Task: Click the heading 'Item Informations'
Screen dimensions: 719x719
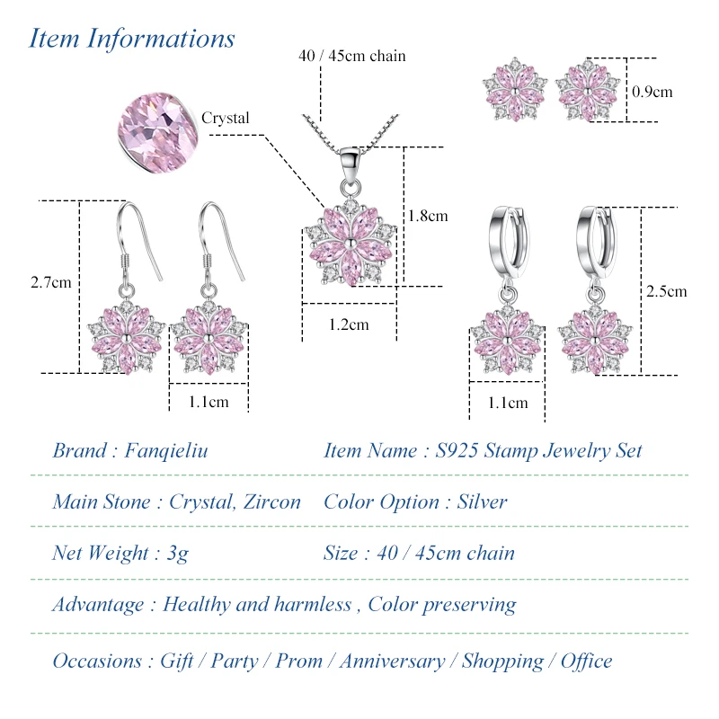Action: click(x=132, y=39)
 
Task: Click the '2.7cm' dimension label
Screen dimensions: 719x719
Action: click(x=50, y=282)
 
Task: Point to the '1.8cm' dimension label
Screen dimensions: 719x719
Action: click(x=428, y=216)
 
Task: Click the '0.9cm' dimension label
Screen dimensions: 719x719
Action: click(x=652, y=92)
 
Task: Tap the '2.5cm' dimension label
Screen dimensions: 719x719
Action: click(x=666, y=290)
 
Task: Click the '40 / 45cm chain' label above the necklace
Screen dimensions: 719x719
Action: click(x=352, y=56)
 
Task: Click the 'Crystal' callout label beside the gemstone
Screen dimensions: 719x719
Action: click(x=225, y=118)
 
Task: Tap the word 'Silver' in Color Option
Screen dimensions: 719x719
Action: click(x=482, y=502)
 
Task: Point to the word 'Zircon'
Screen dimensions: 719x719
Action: click(x=271, y=502)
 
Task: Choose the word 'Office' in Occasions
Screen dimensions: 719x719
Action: click(x=587, y=661)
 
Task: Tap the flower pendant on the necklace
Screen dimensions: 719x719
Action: click(x=348, y=244)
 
